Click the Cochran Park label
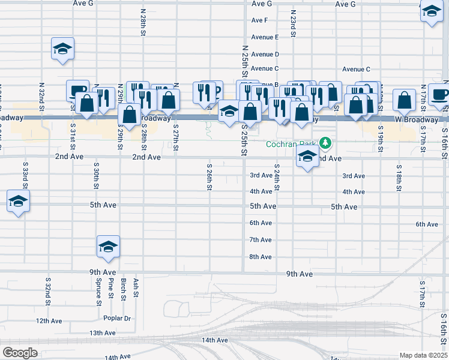(x=292, y=144)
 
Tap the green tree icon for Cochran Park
(x=325, y=143)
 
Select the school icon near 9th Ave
(x=108, y=246)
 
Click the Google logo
(x=20, y=353)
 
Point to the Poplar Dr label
(x=117, y=318)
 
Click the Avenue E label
(x=265, y=37)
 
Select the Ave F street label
(x=259, y=20)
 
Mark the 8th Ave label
(x=261, y=257)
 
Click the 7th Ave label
(x=261, y=240)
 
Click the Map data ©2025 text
(x=423, y=355)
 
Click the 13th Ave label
(x=102, y=333)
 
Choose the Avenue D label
(x=265, y=54)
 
